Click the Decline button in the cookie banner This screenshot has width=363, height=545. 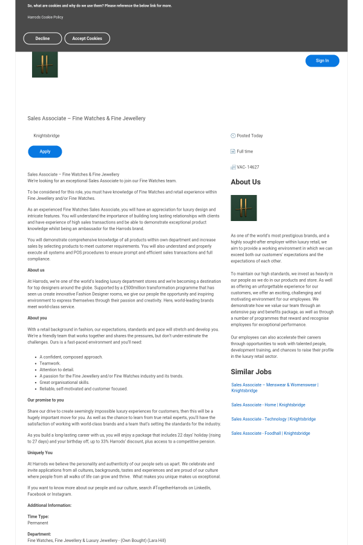click(42, 38)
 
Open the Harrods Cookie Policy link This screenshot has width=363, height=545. click(45, 17)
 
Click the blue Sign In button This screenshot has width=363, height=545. click(322, 61)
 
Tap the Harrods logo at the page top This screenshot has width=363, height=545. click(45, 64)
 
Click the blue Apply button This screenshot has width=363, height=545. click(45, 151)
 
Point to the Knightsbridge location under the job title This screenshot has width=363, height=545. click(47, 136)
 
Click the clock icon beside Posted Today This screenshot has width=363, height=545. click(233, 136)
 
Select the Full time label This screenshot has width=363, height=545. click(245, 151)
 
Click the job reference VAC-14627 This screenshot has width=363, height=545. click(248, 167)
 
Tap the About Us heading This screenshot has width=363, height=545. click(246, 182)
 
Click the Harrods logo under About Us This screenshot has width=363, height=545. click(244, 208)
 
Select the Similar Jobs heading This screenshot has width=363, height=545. click(251, 372)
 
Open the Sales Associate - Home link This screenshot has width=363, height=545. click(268, 405)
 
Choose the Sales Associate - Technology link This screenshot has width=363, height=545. click(273, 419)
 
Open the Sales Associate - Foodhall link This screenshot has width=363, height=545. click(270, 433)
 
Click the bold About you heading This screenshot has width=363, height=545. click(37, 318)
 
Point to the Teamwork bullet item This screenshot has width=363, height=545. click(50, 363)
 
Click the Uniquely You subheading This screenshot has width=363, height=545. click(40, 452)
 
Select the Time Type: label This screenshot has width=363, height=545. click(38, 517)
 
